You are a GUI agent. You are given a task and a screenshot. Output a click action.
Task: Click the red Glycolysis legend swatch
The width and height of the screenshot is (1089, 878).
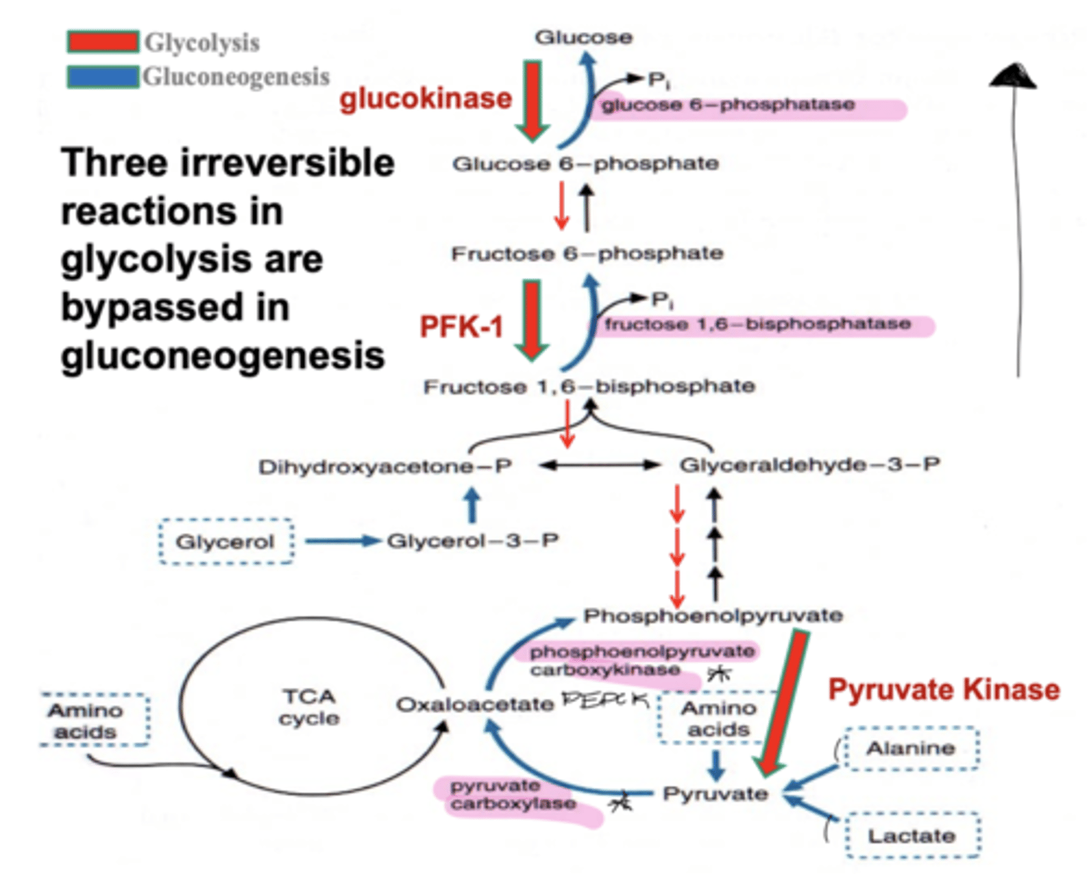coord(103,42)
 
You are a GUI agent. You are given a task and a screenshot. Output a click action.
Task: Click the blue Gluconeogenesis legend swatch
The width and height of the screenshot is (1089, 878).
coord(103,76)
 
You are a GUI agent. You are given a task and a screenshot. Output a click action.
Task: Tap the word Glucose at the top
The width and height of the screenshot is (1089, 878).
coord(583,37)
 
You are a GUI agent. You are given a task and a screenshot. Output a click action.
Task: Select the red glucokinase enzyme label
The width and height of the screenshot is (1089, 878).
coord(425,98)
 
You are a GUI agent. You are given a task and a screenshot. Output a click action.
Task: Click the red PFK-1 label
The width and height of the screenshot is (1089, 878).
coord(461,327)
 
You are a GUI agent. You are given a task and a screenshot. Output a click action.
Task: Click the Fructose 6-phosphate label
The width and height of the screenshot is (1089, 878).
coord(587,254)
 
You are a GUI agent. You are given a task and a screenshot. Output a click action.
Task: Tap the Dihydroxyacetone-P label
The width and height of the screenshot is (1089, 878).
coord(385,467)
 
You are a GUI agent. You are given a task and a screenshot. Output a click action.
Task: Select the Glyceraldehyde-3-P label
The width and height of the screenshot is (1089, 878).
coord(809,465)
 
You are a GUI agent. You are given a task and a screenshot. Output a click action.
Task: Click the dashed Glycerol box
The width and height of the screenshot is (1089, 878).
coord(225,542)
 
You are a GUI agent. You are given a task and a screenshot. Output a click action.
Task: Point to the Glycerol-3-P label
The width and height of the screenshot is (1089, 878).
coord(473,541)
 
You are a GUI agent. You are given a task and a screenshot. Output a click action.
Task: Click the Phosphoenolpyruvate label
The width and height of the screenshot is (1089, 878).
coord(712,615)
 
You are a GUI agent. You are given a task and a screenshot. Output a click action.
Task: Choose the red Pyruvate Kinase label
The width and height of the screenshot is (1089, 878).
coord(943,690)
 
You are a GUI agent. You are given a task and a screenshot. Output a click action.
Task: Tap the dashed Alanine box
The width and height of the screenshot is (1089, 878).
coord(911,749)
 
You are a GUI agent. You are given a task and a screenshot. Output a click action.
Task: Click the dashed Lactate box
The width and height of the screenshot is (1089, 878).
coord(911,836)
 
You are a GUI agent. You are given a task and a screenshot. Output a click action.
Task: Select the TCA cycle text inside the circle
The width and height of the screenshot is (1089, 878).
coord(309,707)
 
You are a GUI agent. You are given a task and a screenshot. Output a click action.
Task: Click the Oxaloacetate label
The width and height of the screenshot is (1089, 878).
coord(475,705)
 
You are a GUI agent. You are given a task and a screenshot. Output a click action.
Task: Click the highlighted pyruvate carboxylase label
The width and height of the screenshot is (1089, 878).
coord(513,795)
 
